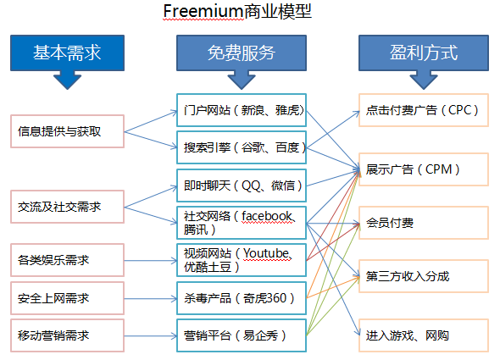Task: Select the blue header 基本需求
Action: (67, 53)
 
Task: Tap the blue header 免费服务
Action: (242, 53)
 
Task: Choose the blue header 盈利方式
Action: (421, 53)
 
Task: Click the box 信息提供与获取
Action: (68, 131)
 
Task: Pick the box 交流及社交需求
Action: (68, 206)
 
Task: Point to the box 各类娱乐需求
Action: (68, 260)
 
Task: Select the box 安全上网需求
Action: (68, 298)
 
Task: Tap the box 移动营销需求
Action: (68, 336)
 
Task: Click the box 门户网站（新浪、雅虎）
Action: (242, 110)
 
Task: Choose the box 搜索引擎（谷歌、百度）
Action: (242, 147)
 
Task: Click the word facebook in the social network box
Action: (267, 216)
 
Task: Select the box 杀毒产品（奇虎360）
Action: (242, 298)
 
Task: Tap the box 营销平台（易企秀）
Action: (242, 336)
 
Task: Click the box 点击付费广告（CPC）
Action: (423, 110)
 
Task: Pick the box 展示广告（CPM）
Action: (423, 169)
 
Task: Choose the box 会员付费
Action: (423, 223)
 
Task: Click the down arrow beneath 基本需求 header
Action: (67, 80)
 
